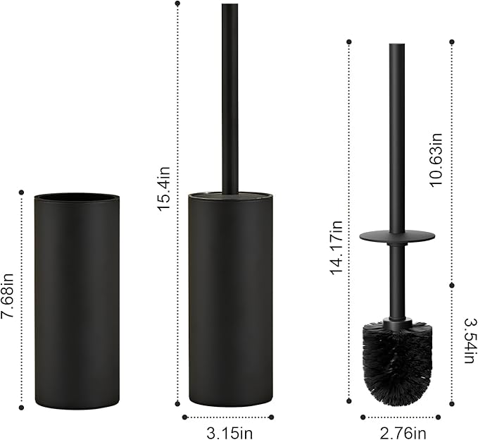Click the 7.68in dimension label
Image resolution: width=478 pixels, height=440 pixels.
point(8,299)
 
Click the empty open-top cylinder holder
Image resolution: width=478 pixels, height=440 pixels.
point(77,303)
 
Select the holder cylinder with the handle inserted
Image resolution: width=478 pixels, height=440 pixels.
point(229,303)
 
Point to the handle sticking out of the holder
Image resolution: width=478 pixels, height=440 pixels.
point(229,99)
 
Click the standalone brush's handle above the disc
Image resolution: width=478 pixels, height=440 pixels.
point(397,134)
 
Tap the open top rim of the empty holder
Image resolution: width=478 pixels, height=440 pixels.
point(77,197)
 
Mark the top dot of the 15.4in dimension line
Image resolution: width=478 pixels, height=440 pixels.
point(176,4)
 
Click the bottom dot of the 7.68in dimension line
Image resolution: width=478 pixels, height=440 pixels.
point(22,407)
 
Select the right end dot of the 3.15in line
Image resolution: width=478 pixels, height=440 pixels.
point(272,417)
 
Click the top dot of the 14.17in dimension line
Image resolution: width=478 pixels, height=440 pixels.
point(349,42)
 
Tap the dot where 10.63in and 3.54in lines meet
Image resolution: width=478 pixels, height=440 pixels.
point(452,284)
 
